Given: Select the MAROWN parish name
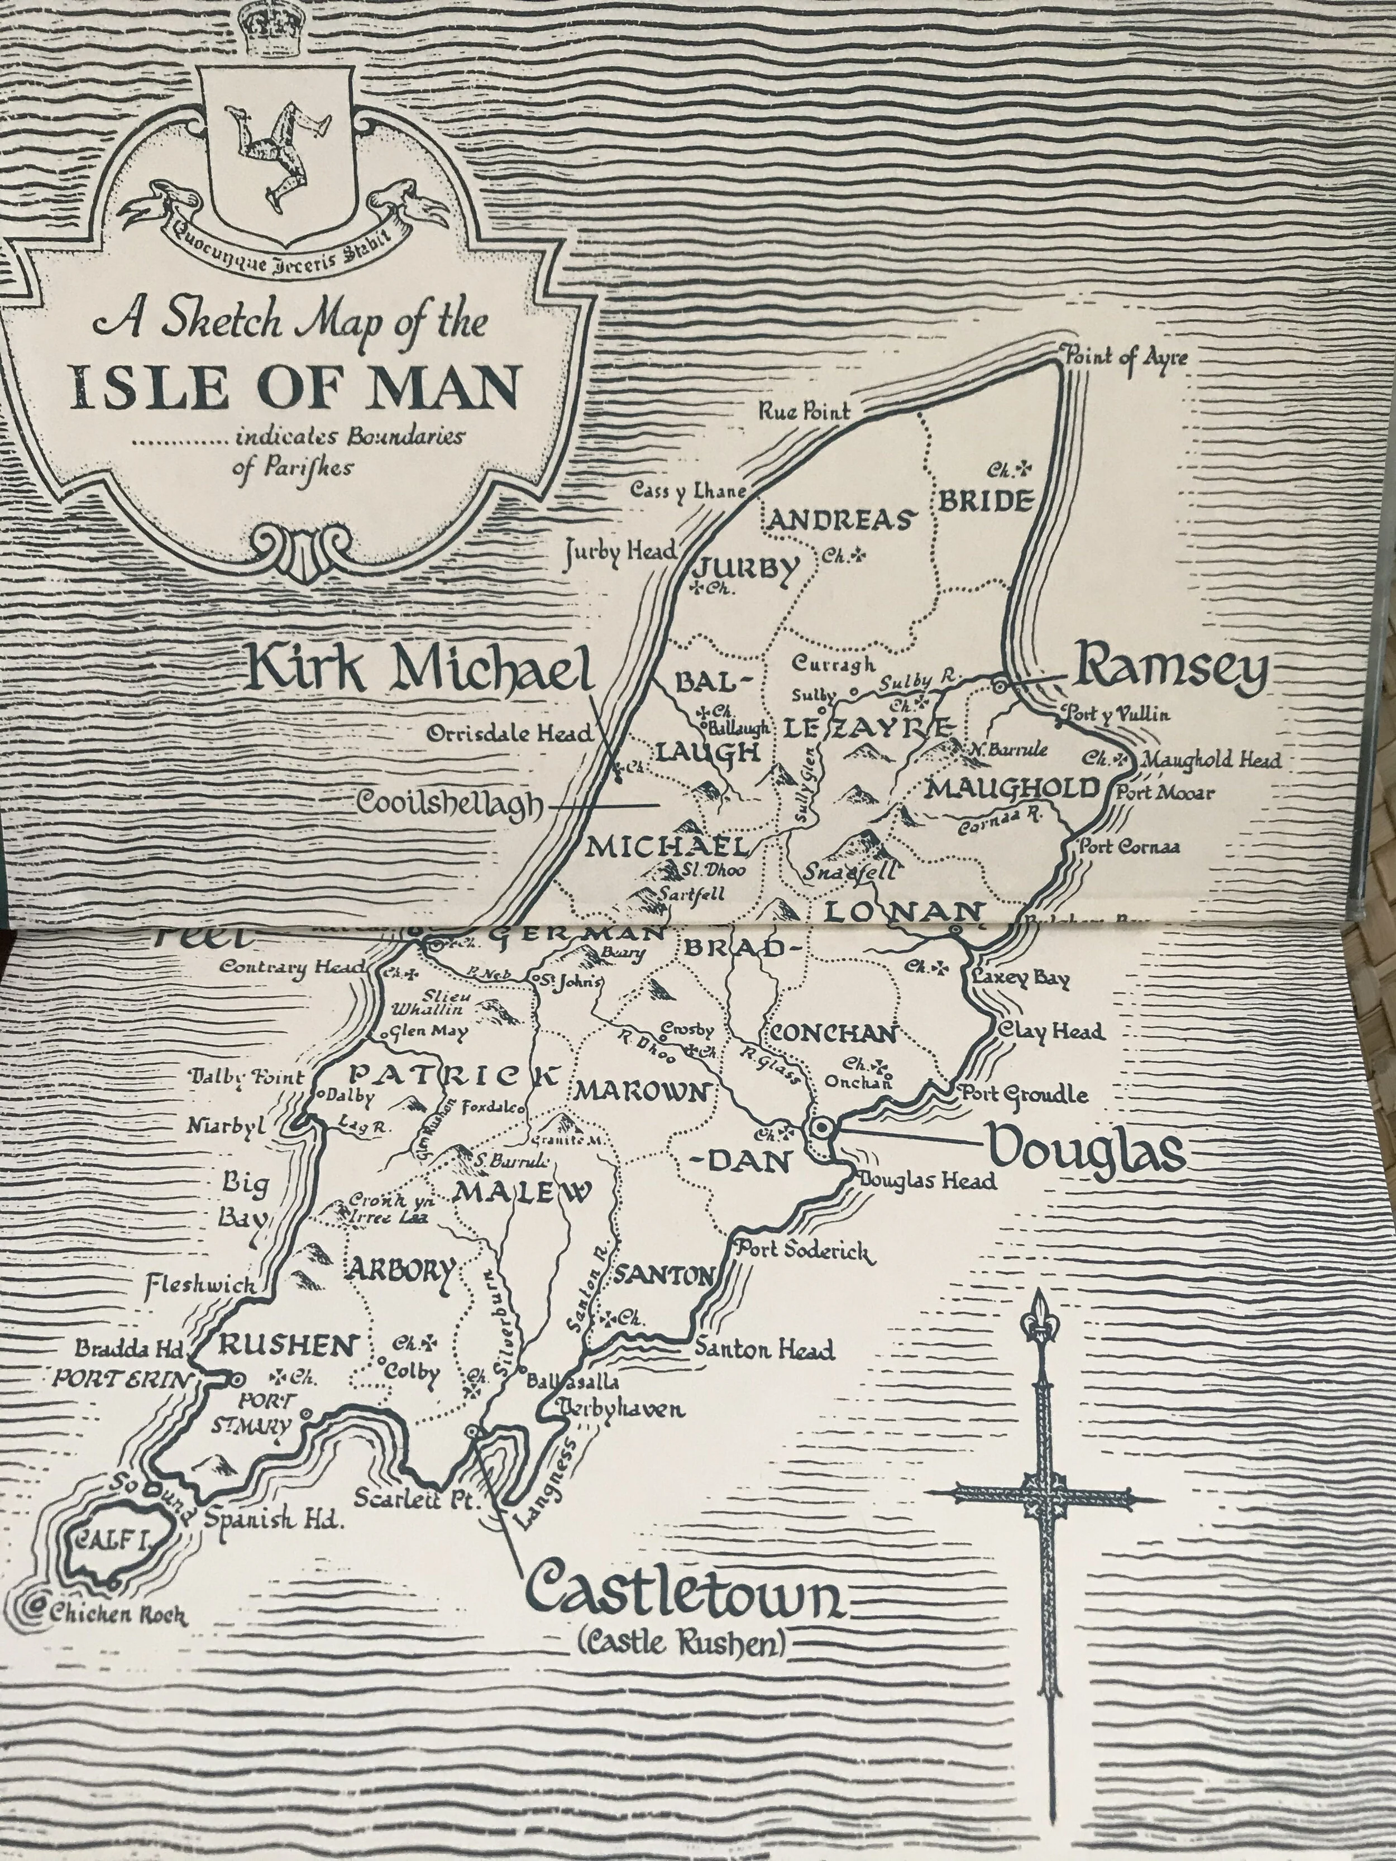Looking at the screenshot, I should point(641,1093).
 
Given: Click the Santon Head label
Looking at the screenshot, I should point(763,1350).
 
